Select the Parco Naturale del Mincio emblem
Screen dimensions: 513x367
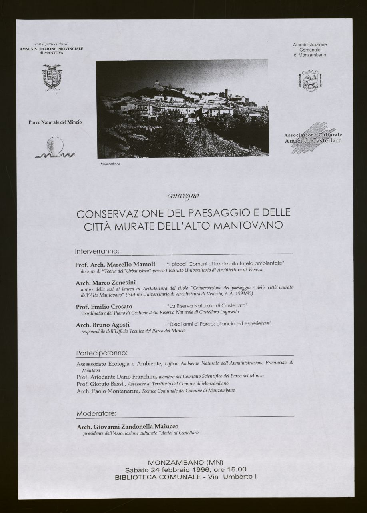pyautogui.click(x=55, y=147)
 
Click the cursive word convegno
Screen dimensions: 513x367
pyautogui.click(x=183, y=196)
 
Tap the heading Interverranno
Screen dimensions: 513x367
pyautogui.click(x=97, y=251)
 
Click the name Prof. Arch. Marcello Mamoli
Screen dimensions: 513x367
pyautogui.click(x=115, y=264)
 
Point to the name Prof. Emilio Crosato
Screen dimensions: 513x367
pyautogui.click(x=104, y=306)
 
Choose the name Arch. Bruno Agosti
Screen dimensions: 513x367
pyautogui.click(x=102, y=324)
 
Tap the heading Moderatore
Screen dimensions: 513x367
pyautogui.click(x=96, y=413)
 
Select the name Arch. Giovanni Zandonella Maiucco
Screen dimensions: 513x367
pyautogui.click(x=128, y=426)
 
